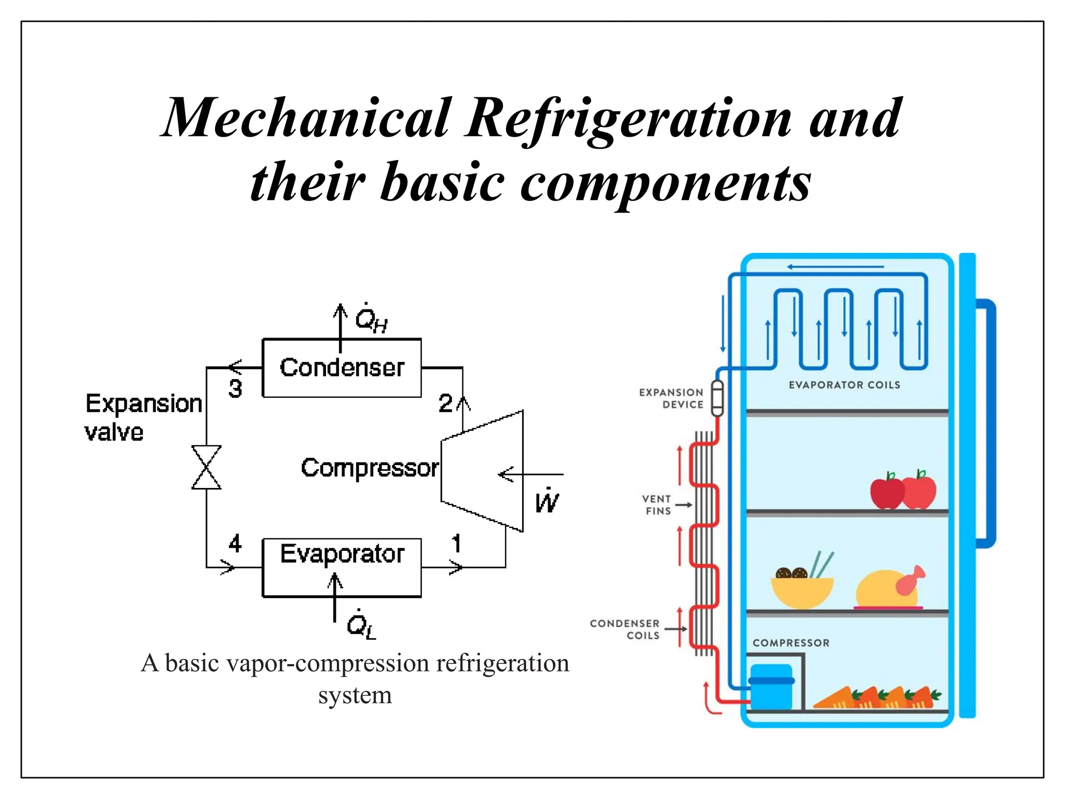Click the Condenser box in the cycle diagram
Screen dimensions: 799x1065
(x=342, y=368)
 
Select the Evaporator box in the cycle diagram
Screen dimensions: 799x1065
(x=342, y=567)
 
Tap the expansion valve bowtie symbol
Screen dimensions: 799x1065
(x=206, y=467)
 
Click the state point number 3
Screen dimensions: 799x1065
(x=235, y=389)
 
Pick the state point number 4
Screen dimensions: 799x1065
(x=235, y=544)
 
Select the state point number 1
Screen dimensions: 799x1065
(x=456, y=544)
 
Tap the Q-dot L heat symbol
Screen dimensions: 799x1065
(x=361, y=624)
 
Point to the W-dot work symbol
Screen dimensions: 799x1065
(x=547, y=501)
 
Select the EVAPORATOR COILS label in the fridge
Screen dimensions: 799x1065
(x=844, y=385)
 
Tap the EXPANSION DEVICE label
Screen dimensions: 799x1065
(x=671, y=398)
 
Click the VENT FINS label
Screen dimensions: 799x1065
(x=657, y=505)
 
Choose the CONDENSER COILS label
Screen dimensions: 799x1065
(x=625, y=629)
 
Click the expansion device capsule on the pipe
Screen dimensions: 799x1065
(x=717, y=398)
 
